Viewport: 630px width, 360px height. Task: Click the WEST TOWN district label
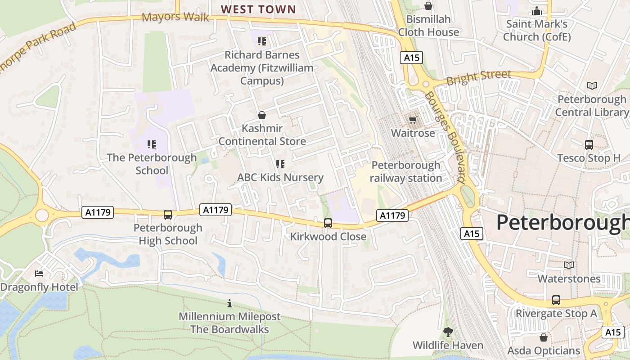(258, 9)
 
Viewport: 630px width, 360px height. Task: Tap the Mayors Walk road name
(175, 18)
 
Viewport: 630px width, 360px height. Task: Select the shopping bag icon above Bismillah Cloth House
(428, 6)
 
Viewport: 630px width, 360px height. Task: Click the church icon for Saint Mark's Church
(536, 11)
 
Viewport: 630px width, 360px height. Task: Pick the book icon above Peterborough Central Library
(592, 85)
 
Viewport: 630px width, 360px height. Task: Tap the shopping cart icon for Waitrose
(413, 120)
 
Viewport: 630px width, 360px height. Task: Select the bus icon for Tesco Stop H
(589, 145)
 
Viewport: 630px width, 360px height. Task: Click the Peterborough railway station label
(406, 171)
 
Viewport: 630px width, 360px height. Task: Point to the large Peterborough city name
(562, 223)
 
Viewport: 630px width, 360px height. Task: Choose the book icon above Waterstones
(569, 265)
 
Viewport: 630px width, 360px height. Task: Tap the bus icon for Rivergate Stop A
(556, 300)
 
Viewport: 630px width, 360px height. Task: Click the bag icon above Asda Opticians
(544, 337)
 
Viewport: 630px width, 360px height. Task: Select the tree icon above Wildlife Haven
(448, 332)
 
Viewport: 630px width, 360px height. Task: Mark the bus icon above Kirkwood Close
(328, 223)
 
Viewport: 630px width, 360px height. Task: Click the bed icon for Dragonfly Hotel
(39, 274)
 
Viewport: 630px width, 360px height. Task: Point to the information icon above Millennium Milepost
(229, 303)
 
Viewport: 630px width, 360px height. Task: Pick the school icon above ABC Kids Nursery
(280, 164)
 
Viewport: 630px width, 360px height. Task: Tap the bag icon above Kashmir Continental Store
(262, 115)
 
